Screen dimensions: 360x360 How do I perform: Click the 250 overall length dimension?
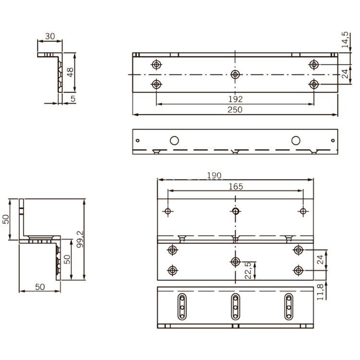pyautogui.click(x=235, y=110)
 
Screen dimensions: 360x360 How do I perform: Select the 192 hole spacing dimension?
pyautogui.click(x=235, y=99)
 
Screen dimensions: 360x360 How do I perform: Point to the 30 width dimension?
pyautogui.click(x=49, y=36)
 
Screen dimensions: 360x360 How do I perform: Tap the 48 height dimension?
pyautogui.click(x=70, y=72)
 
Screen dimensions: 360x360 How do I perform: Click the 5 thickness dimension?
pyautogui.click(x=72, y=99)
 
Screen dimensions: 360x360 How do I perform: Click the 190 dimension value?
pyautogui.click(x=214, y=176)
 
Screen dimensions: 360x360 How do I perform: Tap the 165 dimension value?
pyautogui.click(x=235, y=186)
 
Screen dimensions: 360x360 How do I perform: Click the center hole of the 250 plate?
pyautogui.click(x=235, y=74)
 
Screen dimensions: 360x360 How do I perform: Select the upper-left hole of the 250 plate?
pyautogui.click(x=156, y=64)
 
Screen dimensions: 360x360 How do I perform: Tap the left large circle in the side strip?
pyautogui.click(x=174, y=140)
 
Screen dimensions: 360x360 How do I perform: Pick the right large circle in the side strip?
pyautogui.click(x=296, y=140)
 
